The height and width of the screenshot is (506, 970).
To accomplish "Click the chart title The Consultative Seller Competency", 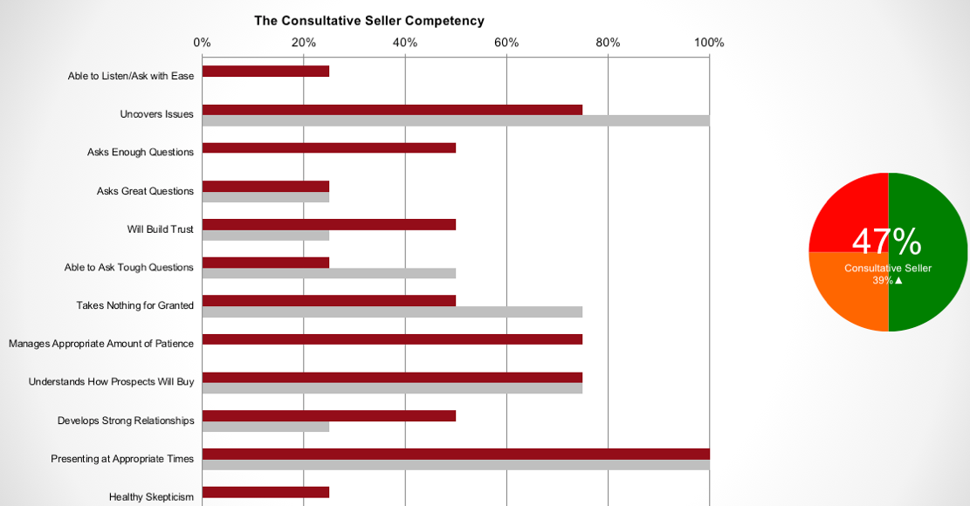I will tap(368, 21).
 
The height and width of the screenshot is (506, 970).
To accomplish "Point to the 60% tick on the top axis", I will tap(506, 42).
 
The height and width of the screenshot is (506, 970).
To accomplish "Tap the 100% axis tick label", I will tap(709, 42).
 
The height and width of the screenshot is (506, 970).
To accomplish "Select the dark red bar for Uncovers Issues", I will tap(392, 110).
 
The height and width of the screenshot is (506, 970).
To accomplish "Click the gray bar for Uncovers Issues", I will tap(455, 120).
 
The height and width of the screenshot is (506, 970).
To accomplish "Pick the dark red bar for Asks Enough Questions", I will tap(328, 148).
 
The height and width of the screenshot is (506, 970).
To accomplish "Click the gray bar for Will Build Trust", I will tap(265, 236).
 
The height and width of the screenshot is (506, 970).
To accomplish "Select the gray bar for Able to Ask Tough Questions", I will tap(328, 273).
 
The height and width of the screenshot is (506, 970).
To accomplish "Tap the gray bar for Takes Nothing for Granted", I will tap(392, 311).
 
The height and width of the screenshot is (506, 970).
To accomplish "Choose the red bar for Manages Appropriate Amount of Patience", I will tap(392, 339).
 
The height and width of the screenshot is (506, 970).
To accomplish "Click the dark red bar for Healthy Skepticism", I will tap(265, 492).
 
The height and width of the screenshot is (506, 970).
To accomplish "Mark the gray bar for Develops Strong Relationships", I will tap(265, 427).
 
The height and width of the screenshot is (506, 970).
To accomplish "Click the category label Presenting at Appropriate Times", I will tap(122, 459).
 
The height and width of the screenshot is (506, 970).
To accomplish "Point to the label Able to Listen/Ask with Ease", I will tap(131, 76).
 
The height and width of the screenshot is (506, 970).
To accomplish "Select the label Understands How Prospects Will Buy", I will tap(111, 382).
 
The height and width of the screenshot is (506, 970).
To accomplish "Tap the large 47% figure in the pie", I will tap(886, 242).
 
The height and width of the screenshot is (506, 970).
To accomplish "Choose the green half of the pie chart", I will tap(934, 218).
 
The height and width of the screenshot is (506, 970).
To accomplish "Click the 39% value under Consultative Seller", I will tap(883, 281).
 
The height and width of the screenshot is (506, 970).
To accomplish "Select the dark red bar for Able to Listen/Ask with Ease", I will tap(265, 72).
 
